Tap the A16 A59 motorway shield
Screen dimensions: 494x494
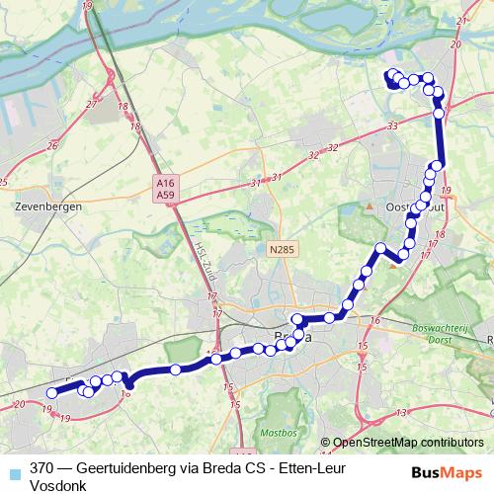[x=165, y=189]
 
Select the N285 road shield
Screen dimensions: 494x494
[x=282, y=250]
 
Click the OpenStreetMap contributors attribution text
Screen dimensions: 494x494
[x=408, y=443]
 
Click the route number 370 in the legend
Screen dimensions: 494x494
[x=42, y=469]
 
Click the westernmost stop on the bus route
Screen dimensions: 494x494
[x=51, y=392]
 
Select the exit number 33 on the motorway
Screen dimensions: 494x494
[x=392, y=125]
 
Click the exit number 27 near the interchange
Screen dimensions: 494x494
[x=92, y=104]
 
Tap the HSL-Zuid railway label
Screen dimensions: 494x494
[x=202, y=263]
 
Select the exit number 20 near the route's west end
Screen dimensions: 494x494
[x=20, y=404]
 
